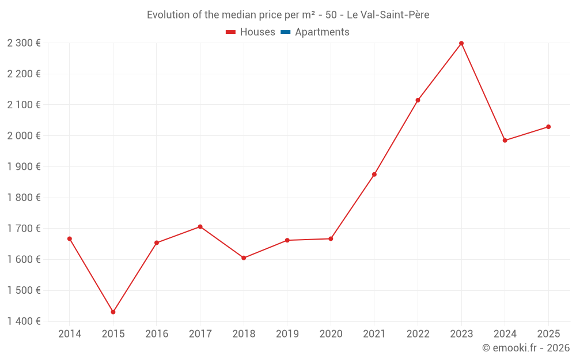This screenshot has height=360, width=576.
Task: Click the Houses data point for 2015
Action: click(x=113, y=312)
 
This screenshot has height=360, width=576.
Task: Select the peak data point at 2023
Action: click(x=461, y=43)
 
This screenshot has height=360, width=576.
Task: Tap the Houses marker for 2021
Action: click(x=374, y=175)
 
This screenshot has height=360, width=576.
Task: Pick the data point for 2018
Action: click(x=244, y=258)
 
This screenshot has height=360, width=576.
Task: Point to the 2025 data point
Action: click(x=548, y=127)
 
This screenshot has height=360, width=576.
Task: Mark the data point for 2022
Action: click(x=418, y=100)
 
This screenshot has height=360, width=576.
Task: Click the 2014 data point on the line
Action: click(x=70, y=238)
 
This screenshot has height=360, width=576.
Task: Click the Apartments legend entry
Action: click(x=322, y=32)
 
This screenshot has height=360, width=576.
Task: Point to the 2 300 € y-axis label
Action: click(x=24, y=43)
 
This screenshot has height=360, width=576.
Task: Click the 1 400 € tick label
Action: click(x=24, y=321)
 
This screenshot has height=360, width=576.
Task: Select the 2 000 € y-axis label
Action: click(x=24, y=135)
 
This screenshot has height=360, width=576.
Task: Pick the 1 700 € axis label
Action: click(x=24, y=228)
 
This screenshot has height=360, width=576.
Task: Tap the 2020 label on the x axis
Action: click(x=331, y=334)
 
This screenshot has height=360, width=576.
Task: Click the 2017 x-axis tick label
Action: click(x=200, y=334)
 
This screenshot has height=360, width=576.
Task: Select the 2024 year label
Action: click(x=505, y=334)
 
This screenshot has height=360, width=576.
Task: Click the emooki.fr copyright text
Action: click(x=525, y=348)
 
